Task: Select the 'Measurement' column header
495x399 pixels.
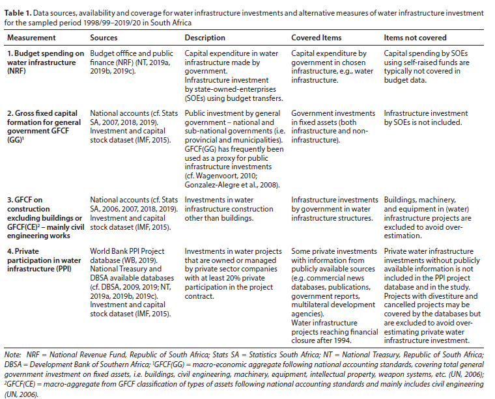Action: click(x=30, y=38)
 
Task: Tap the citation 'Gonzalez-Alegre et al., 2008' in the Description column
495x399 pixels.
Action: click(x=232, y=184)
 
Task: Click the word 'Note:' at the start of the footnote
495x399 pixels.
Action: click(x=12, y=354)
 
